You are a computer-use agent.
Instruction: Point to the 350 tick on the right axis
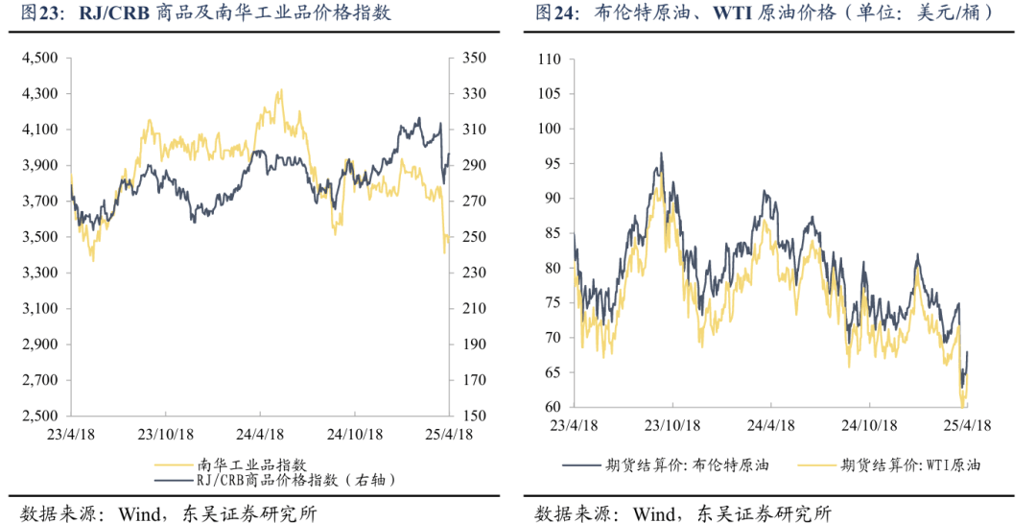click(474, 59)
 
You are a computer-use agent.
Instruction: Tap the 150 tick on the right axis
click(474, 416)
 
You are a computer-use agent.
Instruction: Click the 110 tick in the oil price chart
click(550, 59)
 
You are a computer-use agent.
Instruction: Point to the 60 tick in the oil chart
click(553, 408)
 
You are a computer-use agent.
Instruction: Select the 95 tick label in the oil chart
click(553, 164)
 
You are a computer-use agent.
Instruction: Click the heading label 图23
click(40, 14)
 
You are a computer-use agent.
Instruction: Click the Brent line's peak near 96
click(661, 153)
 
